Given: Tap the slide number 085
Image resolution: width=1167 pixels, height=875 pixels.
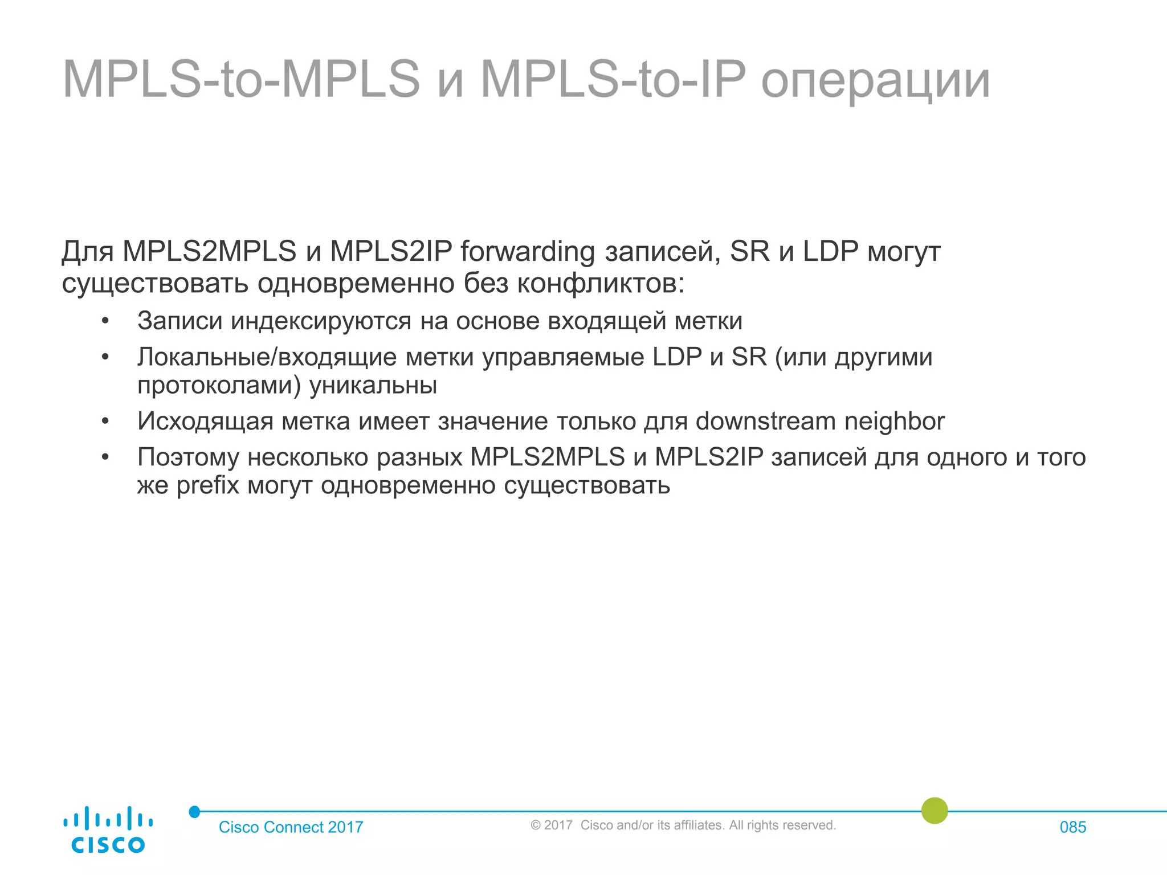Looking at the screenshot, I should pyautogui.click(x=1072, y=827).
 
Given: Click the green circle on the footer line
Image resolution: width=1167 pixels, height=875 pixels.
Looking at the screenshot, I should pyautogui.click(x=935, y=811).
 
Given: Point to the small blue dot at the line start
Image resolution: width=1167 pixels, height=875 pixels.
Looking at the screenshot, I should pyautogui.click(x=194, y=812).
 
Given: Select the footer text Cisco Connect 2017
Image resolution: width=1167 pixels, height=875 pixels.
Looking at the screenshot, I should pyautogui.click(x=291, y=827).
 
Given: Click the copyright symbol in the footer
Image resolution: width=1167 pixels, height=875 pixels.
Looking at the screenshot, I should pyautogui.click(x=535, y=825).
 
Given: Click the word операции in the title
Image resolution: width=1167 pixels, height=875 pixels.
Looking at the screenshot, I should pyautogui.click(x=875, y=80).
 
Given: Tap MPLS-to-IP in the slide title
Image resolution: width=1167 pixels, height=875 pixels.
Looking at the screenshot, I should pyautogui.click(x=613, y=80).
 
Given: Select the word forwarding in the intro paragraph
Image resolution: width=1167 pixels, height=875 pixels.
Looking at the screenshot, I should pyautogui.click(x=528, y=251).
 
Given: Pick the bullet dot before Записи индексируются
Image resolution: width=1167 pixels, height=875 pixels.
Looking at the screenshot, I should pyautogui.click(x=105, y=321).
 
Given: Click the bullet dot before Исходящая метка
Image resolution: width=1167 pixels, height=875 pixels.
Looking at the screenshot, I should pyautogui.click(x=105, y=422).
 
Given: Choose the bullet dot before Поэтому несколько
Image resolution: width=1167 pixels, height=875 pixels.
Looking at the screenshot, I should pyautogui.click(x=105, y=457).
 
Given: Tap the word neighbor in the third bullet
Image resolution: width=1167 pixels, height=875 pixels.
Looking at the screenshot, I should pyautogui.click(x=894, y=422).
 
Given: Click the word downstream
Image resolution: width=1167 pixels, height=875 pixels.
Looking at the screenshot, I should pyautogui.click(x=765, y=422).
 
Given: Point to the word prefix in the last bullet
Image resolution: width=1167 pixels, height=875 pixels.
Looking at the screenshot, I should pyautogui.click(x=207, y=486).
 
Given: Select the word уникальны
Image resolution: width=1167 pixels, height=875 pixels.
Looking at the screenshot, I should pyautogui.click(x=373, y=386).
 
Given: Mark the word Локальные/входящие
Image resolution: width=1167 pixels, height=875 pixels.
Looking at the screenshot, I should pyautogui.click(x=267, y=358).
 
